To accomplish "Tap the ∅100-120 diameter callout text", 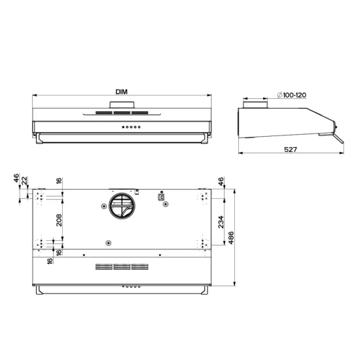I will click(292, 96).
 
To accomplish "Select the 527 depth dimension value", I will click(291, 150).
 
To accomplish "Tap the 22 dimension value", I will click(25, 180).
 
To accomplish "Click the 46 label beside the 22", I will click(16, 179).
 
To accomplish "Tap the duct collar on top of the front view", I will click(122, 105).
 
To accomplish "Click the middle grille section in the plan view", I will click(122, 267).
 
